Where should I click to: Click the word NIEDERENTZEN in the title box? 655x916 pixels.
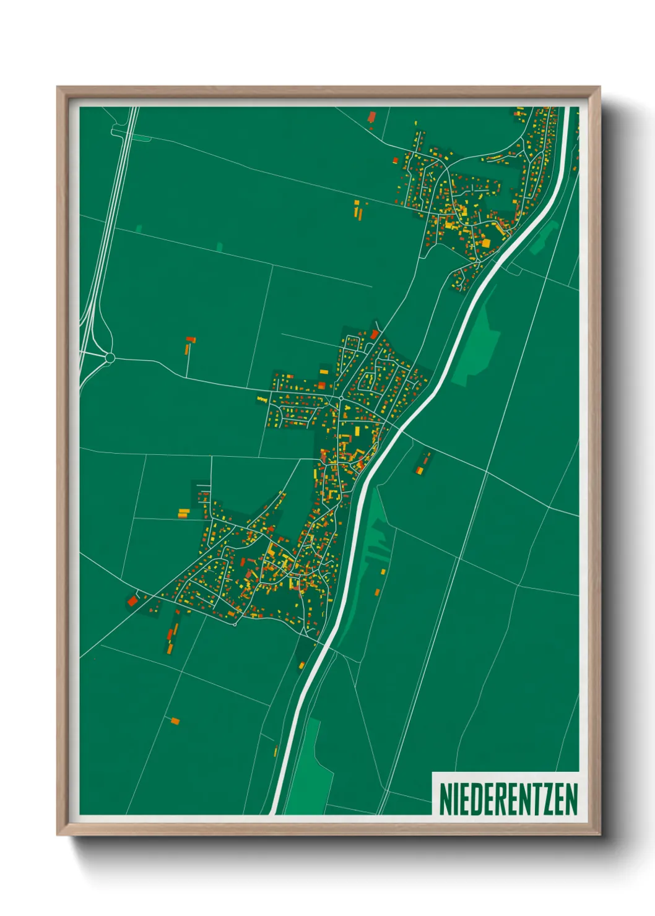[508, 798]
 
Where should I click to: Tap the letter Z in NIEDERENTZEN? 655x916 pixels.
[547, 798]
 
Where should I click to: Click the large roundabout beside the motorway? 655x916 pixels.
[110, 357]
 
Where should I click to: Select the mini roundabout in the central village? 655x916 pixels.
[341, 397]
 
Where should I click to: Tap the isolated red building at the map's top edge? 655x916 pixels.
[372, 116]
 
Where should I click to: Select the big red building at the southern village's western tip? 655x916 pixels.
[132, 600]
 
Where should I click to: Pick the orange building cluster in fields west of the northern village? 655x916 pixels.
[358, 209]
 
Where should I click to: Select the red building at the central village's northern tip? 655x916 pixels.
[375, 334]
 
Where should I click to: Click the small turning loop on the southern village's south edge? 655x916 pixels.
[235, 623]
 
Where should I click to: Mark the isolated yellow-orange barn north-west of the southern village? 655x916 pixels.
[183, 512]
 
